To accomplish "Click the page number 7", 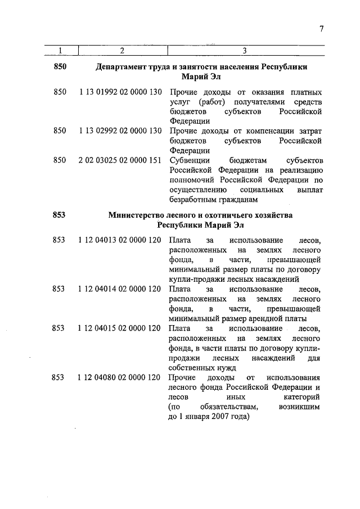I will point(321,29).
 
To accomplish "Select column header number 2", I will point(121,51).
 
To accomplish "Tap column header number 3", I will point(245,51).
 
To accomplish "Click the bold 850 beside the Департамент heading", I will point(60,67).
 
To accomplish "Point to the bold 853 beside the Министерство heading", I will point(60,215).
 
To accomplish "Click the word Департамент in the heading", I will point(121,67).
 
